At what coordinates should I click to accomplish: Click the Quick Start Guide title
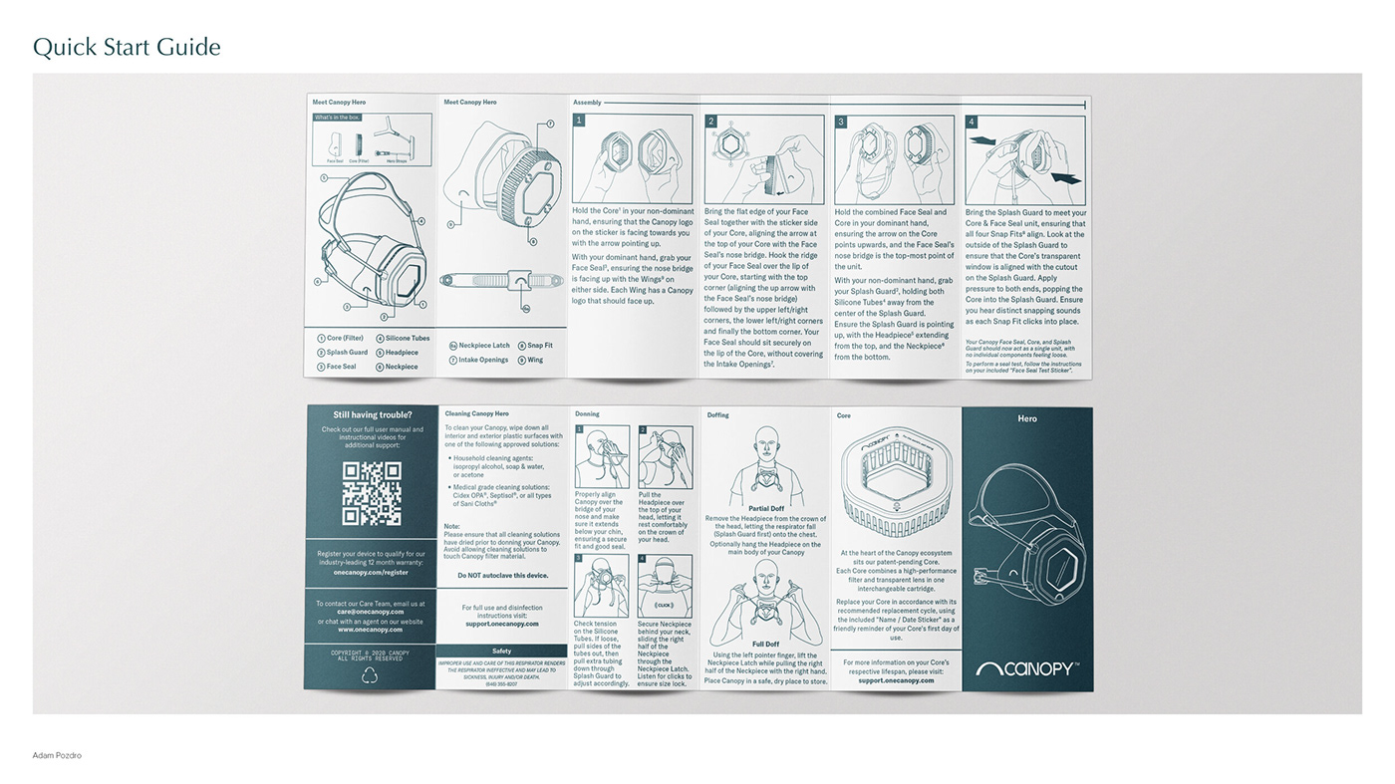127,47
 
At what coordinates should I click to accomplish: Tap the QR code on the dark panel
371,493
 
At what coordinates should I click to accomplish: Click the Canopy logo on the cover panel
1026,668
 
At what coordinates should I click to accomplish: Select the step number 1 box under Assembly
579,121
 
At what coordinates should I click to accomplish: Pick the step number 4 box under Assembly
972,122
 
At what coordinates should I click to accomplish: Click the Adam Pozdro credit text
57,755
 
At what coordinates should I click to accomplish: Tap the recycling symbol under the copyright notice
370,675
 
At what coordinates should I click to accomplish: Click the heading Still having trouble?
372,414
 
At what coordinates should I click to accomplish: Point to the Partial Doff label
765,509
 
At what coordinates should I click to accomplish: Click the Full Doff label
765,644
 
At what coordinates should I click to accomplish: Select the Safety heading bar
501,652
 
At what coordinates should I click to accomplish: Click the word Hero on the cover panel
1027,418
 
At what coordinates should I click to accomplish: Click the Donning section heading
587,413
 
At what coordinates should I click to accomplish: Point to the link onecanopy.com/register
371,573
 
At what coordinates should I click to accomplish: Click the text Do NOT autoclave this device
502,576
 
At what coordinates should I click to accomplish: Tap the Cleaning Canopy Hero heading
476,413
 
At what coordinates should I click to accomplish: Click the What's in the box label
337,118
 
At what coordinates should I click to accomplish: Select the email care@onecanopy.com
370,612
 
